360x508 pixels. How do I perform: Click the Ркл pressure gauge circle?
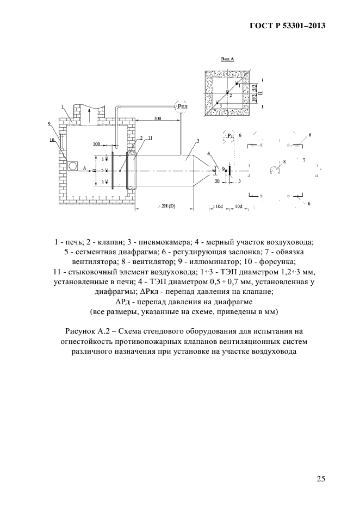pyautogui.click(x=182, y=107)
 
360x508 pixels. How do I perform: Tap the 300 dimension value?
pyautogui.click(x=157, y=118)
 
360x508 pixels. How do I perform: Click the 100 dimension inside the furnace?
pyautogui.click(x=97, y=144)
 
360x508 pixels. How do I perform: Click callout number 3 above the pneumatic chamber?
pyautogui.click(x=198, y=141)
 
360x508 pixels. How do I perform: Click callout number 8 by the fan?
pyautogui.click(x=284, y=161)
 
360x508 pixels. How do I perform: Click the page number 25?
pyautogui.click(x=321, y=478)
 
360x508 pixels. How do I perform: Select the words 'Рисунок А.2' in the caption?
pyautogui.click(x=89, y=330)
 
